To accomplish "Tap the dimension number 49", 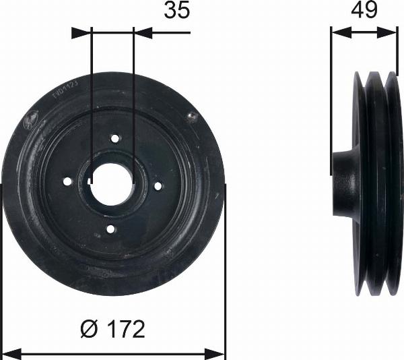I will (364, 11).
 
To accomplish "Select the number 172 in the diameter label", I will (126, 330).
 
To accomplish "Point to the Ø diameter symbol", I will (90, 330).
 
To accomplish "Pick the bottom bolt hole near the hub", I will (110, 229).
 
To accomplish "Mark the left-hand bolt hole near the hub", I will (67, 181).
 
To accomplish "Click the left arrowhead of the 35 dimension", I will (77, 31).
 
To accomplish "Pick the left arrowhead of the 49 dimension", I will (337, 31).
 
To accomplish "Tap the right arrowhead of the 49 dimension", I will (392, 31).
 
